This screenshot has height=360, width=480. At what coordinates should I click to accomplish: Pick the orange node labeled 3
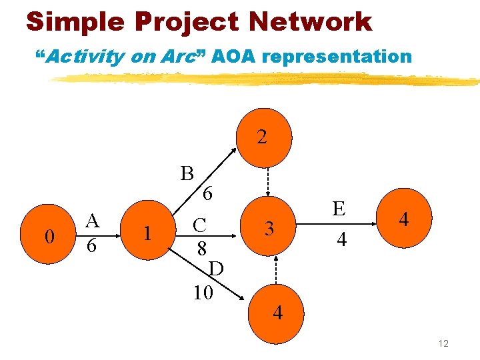(269, 229)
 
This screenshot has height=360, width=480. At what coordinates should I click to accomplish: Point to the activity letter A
(93, 221)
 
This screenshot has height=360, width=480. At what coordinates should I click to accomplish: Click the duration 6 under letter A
(93, 245)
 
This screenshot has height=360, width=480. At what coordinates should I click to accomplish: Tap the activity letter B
(187, 173)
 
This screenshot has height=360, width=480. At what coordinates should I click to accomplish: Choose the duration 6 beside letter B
(208, 195)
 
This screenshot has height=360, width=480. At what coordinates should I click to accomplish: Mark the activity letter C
(199, 225)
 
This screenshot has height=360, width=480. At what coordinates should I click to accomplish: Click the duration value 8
(200, 249)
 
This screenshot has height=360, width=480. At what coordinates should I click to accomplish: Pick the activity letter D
(215, 269)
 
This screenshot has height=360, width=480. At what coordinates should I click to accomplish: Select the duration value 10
(203, 292)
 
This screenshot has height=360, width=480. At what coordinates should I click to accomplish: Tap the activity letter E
(339, 209)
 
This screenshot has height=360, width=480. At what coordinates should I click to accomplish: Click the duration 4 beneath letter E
(341, 239)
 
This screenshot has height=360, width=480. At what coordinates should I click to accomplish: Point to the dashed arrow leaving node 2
(269, 181)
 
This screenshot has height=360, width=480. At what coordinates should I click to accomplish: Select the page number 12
(443, 343)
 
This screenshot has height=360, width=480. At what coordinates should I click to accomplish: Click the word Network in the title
(310, 22)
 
